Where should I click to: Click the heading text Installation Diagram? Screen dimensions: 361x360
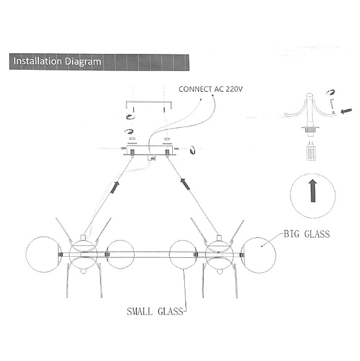[x=57, y=61]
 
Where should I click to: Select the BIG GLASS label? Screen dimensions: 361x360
[x=307, y=234]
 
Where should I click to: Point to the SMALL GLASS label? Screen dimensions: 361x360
[x=155, y=312]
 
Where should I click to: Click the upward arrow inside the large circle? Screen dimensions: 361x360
[x=313, y=190]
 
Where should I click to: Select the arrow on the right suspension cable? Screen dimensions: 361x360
[x=185, y=184]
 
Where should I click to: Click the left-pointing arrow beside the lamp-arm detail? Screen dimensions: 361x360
[x=346, y=112]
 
